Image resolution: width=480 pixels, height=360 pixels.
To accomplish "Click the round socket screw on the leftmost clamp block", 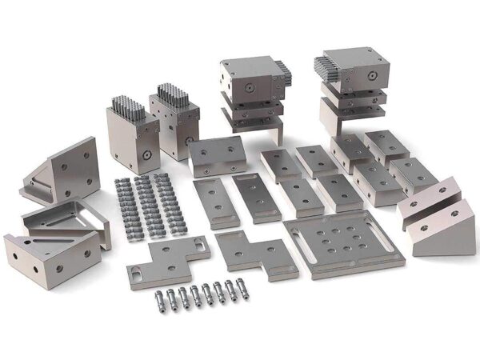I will pyautogui.click(x=146, y=152).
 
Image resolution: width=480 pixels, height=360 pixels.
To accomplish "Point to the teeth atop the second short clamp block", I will pyautogui.click(x=172, y=93).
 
